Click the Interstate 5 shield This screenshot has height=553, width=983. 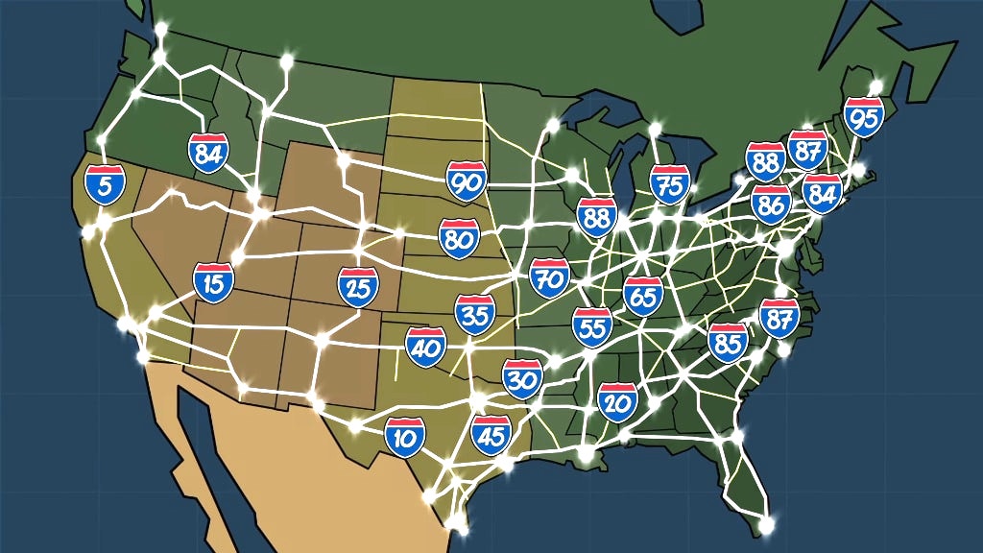coord(104,183)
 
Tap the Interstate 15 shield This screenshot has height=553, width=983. coord(213,281)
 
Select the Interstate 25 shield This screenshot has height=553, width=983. coord(358,287)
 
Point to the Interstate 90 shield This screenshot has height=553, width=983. coord(467,180)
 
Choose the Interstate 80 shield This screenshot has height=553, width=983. coord(459,238)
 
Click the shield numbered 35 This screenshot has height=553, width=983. coord(475,314)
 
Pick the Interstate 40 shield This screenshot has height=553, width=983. coord(424,347)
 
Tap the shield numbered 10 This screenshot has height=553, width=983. coord(405,436)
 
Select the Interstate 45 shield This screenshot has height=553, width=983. coord(491,435)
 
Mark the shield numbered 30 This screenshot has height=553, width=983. coord(522,378)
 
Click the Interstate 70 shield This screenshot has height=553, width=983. coord(549,276)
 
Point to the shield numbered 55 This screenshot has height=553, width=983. coord(592,326)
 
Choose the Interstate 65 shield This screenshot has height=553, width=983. coord(642,295)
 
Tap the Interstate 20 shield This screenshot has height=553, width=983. coord(617,401)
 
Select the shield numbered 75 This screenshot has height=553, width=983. coord(669,183)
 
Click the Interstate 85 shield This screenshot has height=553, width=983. coord(728,340)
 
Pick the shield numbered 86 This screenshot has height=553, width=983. coord(771,204)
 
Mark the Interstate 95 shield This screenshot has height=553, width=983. coord(863,117)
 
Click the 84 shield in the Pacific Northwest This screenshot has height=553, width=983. coord(208,153)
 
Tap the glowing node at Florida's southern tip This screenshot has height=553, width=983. coord(766,525)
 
